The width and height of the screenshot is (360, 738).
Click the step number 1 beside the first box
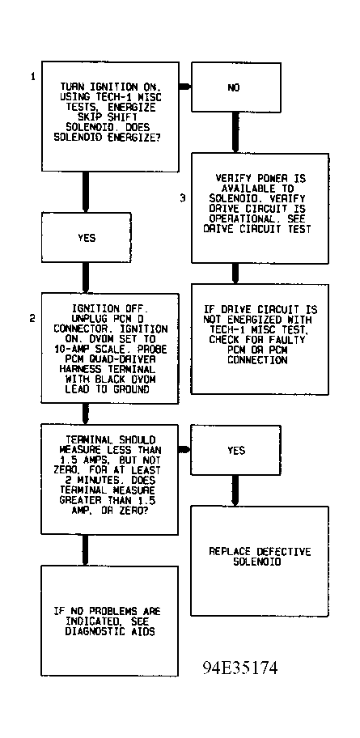tap(33, 76)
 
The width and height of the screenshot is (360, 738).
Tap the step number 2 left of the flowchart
tap(32, 319)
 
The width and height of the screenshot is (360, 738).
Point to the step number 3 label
tap(183, 198)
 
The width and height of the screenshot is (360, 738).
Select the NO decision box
tap(235, 87)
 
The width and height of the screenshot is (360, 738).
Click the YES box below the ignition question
tap(86, 238)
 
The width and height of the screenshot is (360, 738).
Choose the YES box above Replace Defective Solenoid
tap(235, 450)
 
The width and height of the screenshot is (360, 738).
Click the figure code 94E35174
tap(240, 668)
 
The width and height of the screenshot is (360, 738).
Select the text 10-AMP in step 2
tap(71, 349)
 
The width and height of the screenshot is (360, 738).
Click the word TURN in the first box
tap(71, 87)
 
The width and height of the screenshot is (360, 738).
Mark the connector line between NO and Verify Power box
tap(235, 133)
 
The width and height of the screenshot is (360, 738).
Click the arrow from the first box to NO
tap(185, 87)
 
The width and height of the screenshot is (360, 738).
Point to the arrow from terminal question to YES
tap(185, 450)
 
